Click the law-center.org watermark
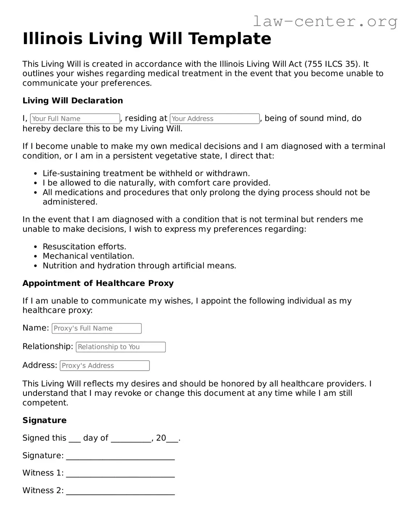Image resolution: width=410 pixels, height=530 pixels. pos(325,21)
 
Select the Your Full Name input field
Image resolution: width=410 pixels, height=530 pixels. pos(75,119)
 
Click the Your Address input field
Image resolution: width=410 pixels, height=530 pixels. pos(215,119)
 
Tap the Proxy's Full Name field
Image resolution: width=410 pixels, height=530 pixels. pos(97,328)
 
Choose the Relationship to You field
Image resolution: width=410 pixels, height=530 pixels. pos(121,347)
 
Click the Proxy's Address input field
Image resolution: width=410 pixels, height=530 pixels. pos(105,366)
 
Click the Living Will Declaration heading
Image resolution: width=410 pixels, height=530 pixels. pos(72,101)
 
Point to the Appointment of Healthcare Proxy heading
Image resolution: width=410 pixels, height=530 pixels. pos(98,283)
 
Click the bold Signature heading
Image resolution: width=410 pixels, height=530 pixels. pos(44,420)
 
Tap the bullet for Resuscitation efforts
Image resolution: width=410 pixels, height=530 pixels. pos(84,247)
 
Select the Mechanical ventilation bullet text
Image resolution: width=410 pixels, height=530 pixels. pos(88,256)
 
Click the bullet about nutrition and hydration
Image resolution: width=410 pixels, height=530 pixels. pos(139,266)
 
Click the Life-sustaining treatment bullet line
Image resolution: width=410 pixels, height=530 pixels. pos(146,173)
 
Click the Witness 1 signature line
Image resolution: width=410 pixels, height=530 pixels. pos(120,474)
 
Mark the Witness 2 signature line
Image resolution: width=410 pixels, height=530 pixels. pos(120,492)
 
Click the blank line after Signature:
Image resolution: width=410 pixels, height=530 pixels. pos(120,457)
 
